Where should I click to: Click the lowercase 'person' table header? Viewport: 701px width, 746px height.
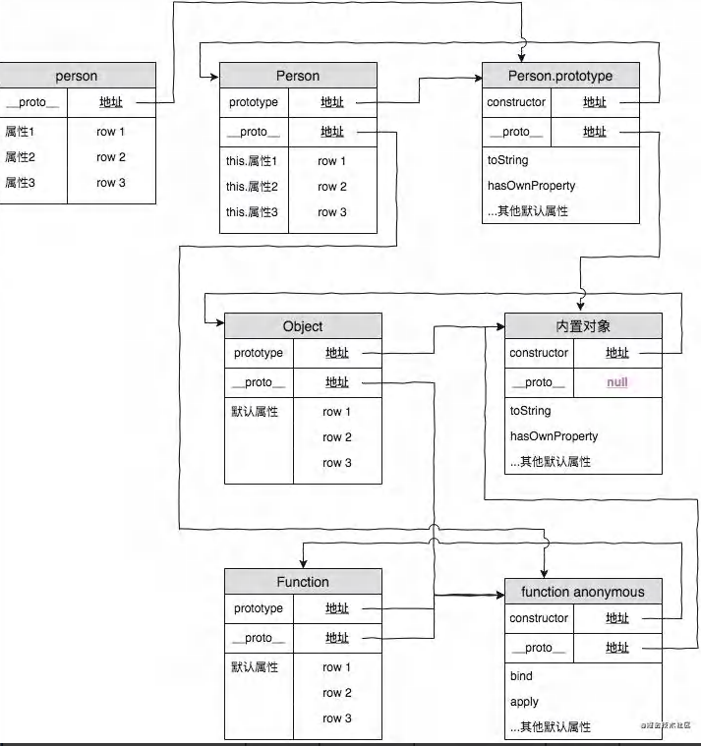click(76, 76)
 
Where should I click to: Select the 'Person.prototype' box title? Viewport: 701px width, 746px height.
click(560, 76)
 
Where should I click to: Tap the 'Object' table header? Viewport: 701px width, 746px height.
click(303, 326)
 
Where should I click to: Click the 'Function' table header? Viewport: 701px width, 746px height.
click(303, 582)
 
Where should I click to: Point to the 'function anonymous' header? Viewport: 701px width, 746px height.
click(583, 592)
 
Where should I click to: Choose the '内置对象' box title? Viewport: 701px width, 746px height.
click(583, 326)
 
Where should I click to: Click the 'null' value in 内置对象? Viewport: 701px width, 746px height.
click(617, 382)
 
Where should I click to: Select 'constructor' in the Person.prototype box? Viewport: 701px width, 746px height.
click(516, 102)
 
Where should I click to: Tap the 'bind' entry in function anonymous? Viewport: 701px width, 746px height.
click(521, 676)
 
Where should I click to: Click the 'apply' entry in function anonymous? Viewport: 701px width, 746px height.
click(524, 702)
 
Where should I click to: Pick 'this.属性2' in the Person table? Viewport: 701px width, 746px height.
click(252, 187)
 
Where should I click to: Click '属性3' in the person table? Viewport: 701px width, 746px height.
click(20, 183)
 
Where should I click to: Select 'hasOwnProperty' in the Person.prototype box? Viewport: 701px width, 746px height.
click(531, 186)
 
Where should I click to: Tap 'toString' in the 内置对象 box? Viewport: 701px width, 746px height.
click(530, 411)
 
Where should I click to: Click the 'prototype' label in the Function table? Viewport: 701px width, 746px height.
click(259, 608)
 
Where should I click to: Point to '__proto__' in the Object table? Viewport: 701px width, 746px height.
click(259, 382)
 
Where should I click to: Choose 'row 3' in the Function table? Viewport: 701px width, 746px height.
click(337, 718)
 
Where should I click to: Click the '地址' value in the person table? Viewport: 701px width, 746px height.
click(111, 102)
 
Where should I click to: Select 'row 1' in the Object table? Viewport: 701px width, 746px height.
click(337, 412)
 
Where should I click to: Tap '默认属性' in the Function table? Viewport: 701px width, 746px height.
click(255, 667)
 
